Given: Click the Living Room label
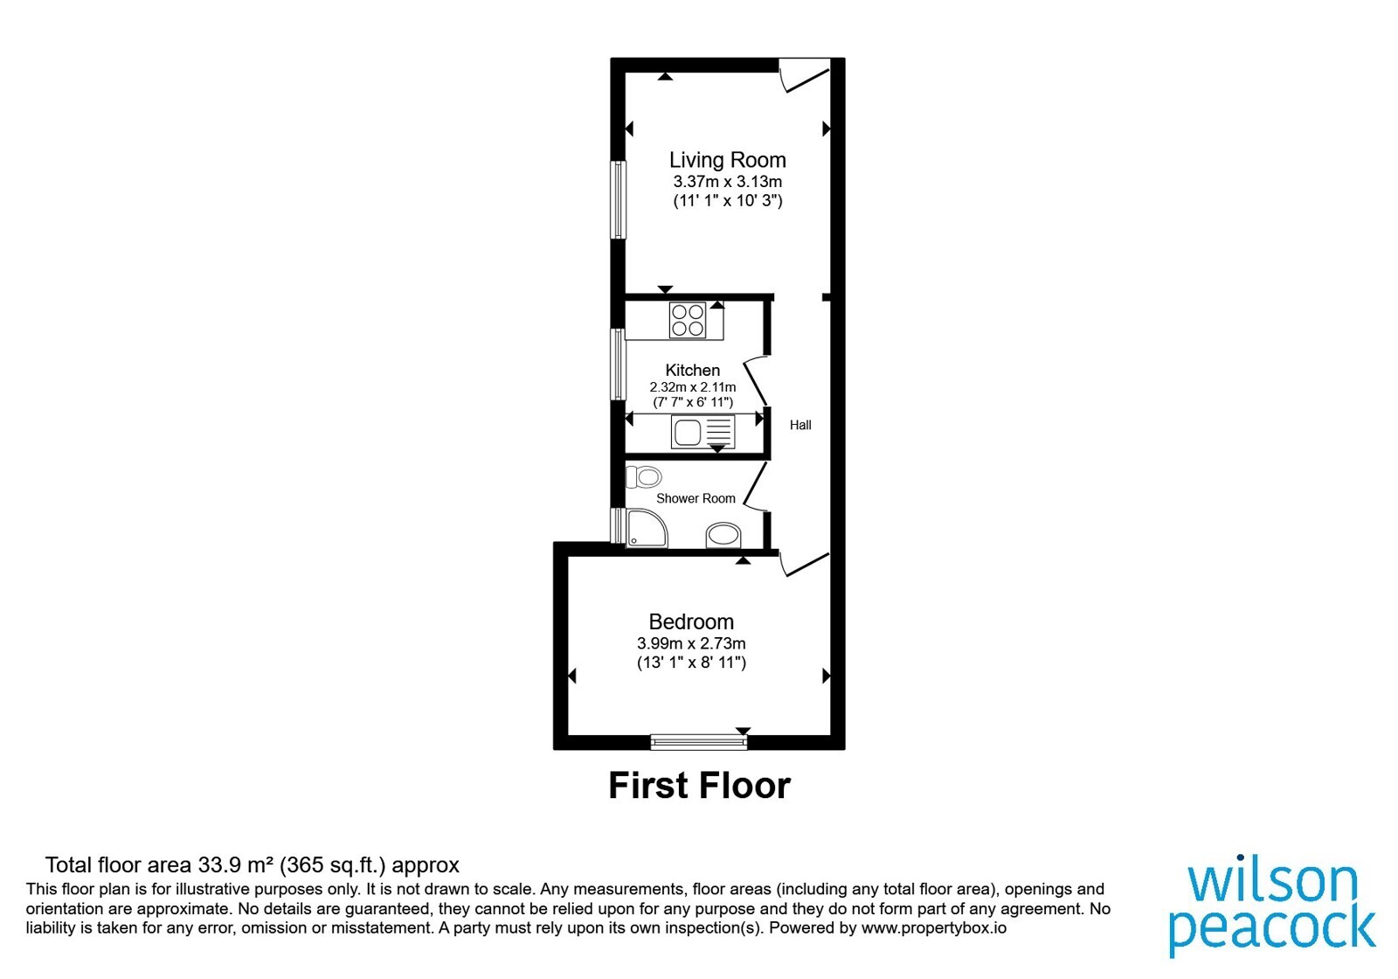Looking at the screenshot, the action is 727,161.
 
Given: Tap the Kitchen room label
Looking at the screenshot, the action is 692,370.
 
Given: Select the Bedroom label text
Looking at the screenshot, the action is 691,621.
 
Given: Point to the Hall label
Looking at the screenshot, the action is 800,425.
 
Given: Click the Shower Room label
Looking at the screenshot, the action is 696,498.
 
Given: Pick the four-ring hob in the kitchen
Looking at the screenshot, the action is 687,320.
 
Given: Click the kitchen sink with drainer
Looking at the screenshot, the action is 702,432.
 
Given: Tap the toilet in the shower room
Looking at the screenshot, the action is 643,477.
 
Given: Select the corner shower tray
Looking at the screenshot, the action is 647,528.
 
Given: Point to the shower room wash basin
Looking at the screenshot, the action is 723,535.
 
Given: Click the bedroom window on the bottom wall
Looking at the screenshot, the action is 698,741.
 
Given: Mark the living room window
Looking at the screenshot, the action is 618,200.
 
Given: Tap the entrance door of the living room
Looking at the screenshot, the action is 805,75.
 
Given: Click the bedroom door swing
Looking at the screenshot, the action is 805,564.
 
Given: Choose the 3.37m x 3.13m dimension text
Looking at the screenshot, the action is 727,182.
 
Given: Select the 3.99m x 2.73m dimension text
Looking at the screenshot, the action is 691,643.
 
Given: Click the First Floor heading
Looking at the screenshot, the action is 699,786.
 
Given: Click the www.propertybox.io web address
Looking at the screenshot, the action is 934,927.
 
